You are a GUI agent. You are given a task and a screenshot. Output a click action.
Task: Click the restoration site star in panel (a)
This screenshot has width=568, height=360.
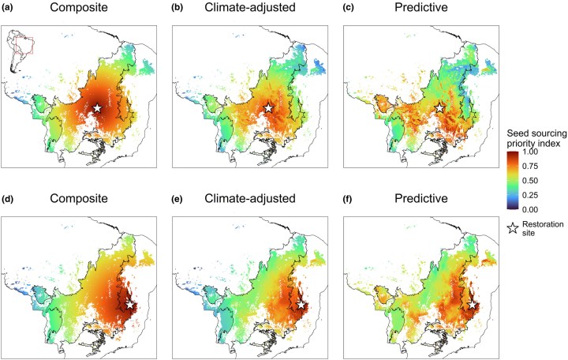tap(97, 107)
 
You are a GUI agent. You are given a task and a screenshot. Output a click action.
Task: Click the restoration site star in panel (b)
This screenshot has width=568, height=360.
tap(268, 107)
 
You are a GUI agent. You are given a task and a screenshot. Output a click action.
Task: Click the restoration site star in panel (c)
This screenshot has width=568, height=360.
tap(439, 107)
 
